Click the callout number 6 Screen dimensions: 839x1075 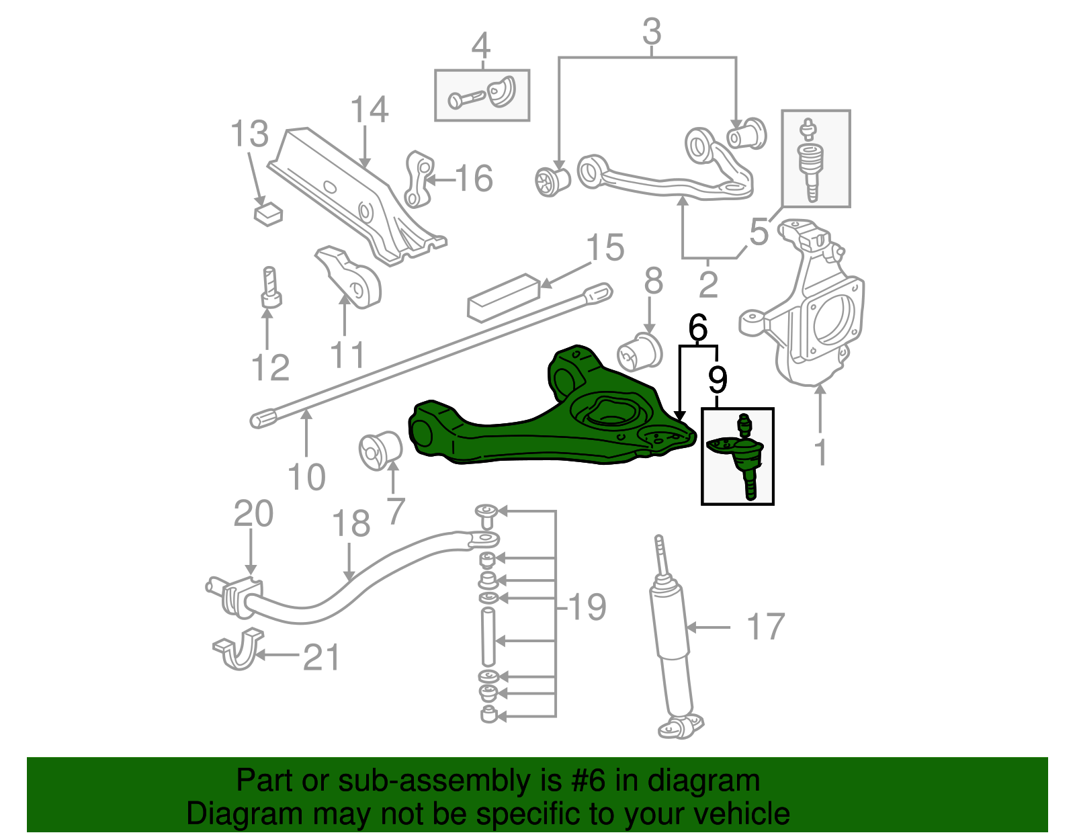(698, 328)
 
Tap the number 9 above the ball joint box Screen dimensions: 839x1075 (718, 380)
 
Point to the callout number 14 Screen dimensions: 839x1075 (369, 109)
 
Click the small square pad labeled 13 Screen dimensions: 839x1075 (268, 214)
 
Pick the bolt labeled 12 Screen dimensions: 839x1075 (270, 288)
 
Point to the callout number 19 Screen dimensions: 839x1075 (587, 607)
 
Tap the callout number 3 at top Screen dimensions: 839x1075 (651, 32)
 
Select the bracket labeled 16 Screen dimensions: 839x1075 (419, 179)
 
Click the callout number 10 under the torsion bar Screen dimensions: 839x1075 (306, 477)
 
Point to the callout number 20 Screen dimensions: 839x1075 (253, 514)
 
